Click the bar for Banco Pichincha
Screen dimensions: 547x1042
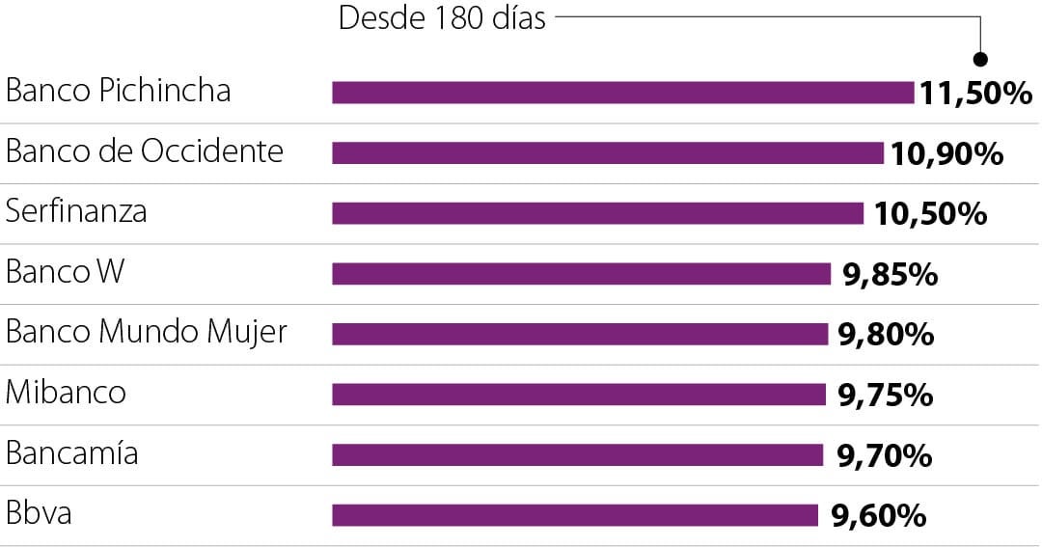622,93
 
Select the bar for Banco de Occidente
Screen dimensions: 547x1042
608,153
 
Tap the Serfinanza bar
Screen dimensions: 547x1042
597,213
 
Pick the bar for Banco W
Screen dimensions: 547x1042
581,274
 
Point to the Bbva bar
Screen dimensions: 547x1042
575,515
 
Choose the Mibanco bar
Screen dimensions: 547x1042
579,395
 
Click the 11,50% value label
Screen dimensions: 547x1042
975,94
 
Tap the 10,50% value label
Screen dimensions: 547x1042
930,214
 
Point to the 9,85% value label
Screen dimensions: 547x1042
890,275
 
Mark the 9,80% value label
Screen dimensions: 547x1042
886,335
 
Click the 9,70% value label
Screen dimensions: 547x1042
884,455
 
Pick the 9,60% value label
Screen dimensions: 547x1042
878,516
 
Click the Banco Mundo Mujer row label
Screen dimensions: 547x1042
147,332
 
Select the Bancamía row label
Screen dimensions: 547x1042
72,452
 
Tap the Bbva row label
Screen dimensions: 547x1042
39,512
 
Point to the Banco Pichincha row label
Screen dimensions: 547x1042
119,91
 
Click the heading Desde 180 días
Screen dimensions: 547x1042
442,18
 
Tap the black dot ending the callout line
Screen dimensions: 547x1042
980,59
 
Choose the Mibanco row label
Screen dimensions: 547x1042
66,392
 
